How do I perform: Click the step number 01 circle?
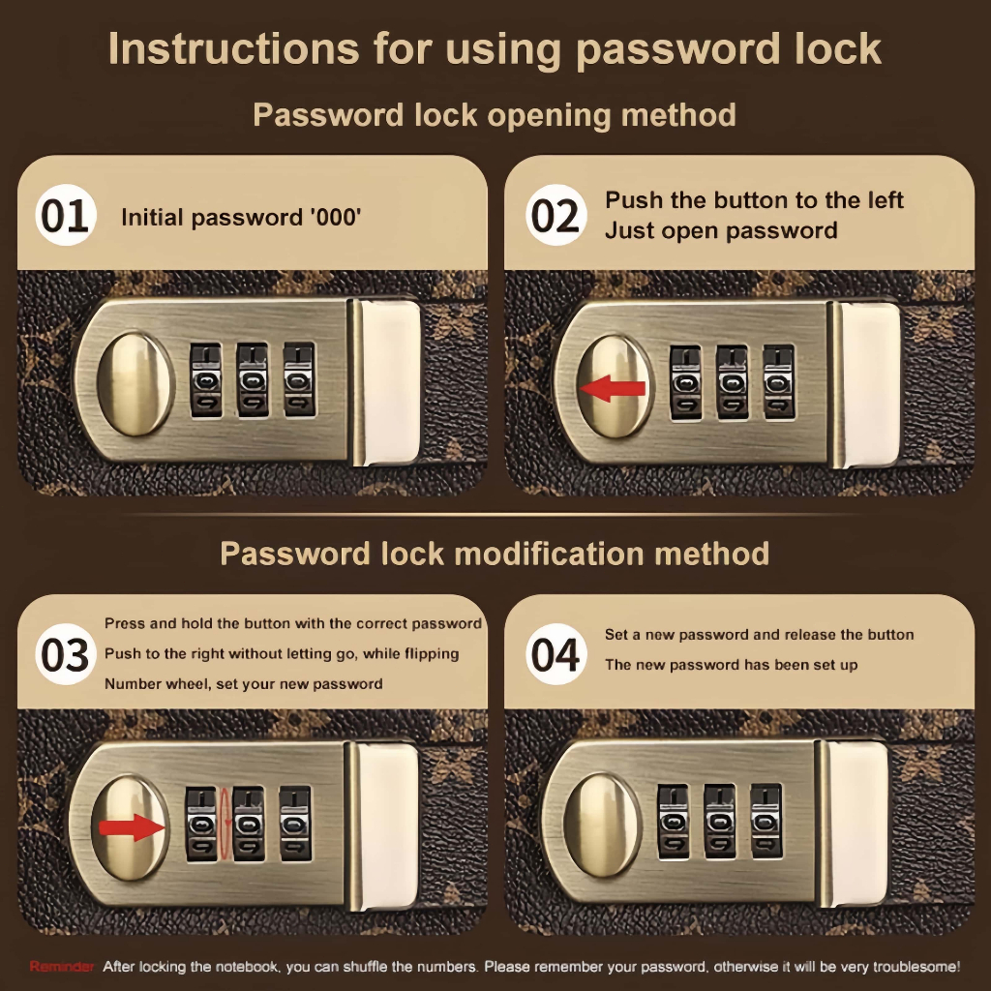click(66, 215)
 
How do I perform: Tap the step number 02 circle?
click(556, 215)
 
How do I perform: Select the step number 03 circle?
click(66, 654)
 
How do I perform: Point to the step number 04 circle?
click(556, 654)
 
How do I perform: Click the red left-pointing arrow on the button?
click(613, 388)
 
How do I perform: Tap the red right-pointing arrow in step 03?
click(132, 827)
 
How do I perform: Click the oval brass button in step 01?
click(135, 384)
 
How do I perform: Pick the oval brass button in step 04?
click(602, 826)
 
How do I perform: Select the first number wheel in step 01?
click(206, 380)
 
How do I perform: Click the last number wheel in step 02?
click(779, 382)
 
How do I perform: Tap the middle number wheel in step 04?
click(720, 822)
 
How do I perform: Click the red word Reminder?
click(62, 967)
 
